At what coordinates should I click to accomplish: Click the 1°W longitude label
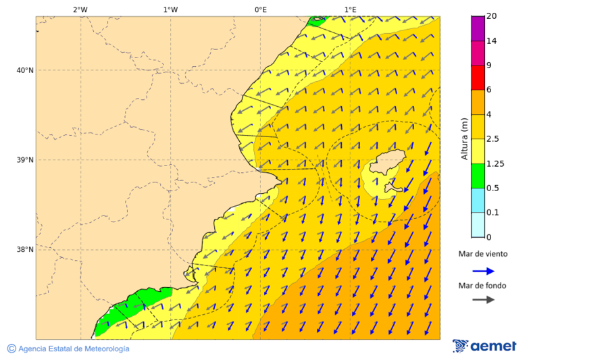click(170, 9)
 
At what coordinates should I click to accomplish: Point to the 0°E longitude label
click(260, 9)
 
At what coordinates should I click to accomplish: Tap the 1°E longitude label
click(350, 9)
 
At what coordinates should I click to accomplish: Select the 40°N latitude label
click(25, 70)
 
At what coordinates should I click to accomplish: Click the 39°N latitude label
click(25, 160)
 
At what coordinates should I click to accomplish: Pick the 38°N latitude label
click(25, 250)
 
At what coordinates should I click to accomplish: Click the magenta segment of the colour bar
click(478, 28)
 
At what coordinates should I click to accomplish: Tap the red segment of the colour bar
click(478, 78)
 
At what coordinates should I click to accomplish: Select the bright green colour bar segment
click(478, 176)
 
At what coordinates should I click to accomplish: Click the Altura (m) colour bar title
click(464, 138)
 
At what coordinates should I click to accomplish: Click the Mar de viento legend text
click(482, 255)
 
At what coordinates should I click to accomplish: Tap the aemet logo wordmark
click(492, 346)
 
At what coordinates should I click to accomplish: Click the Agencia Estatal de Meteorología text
click(73, 349)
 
